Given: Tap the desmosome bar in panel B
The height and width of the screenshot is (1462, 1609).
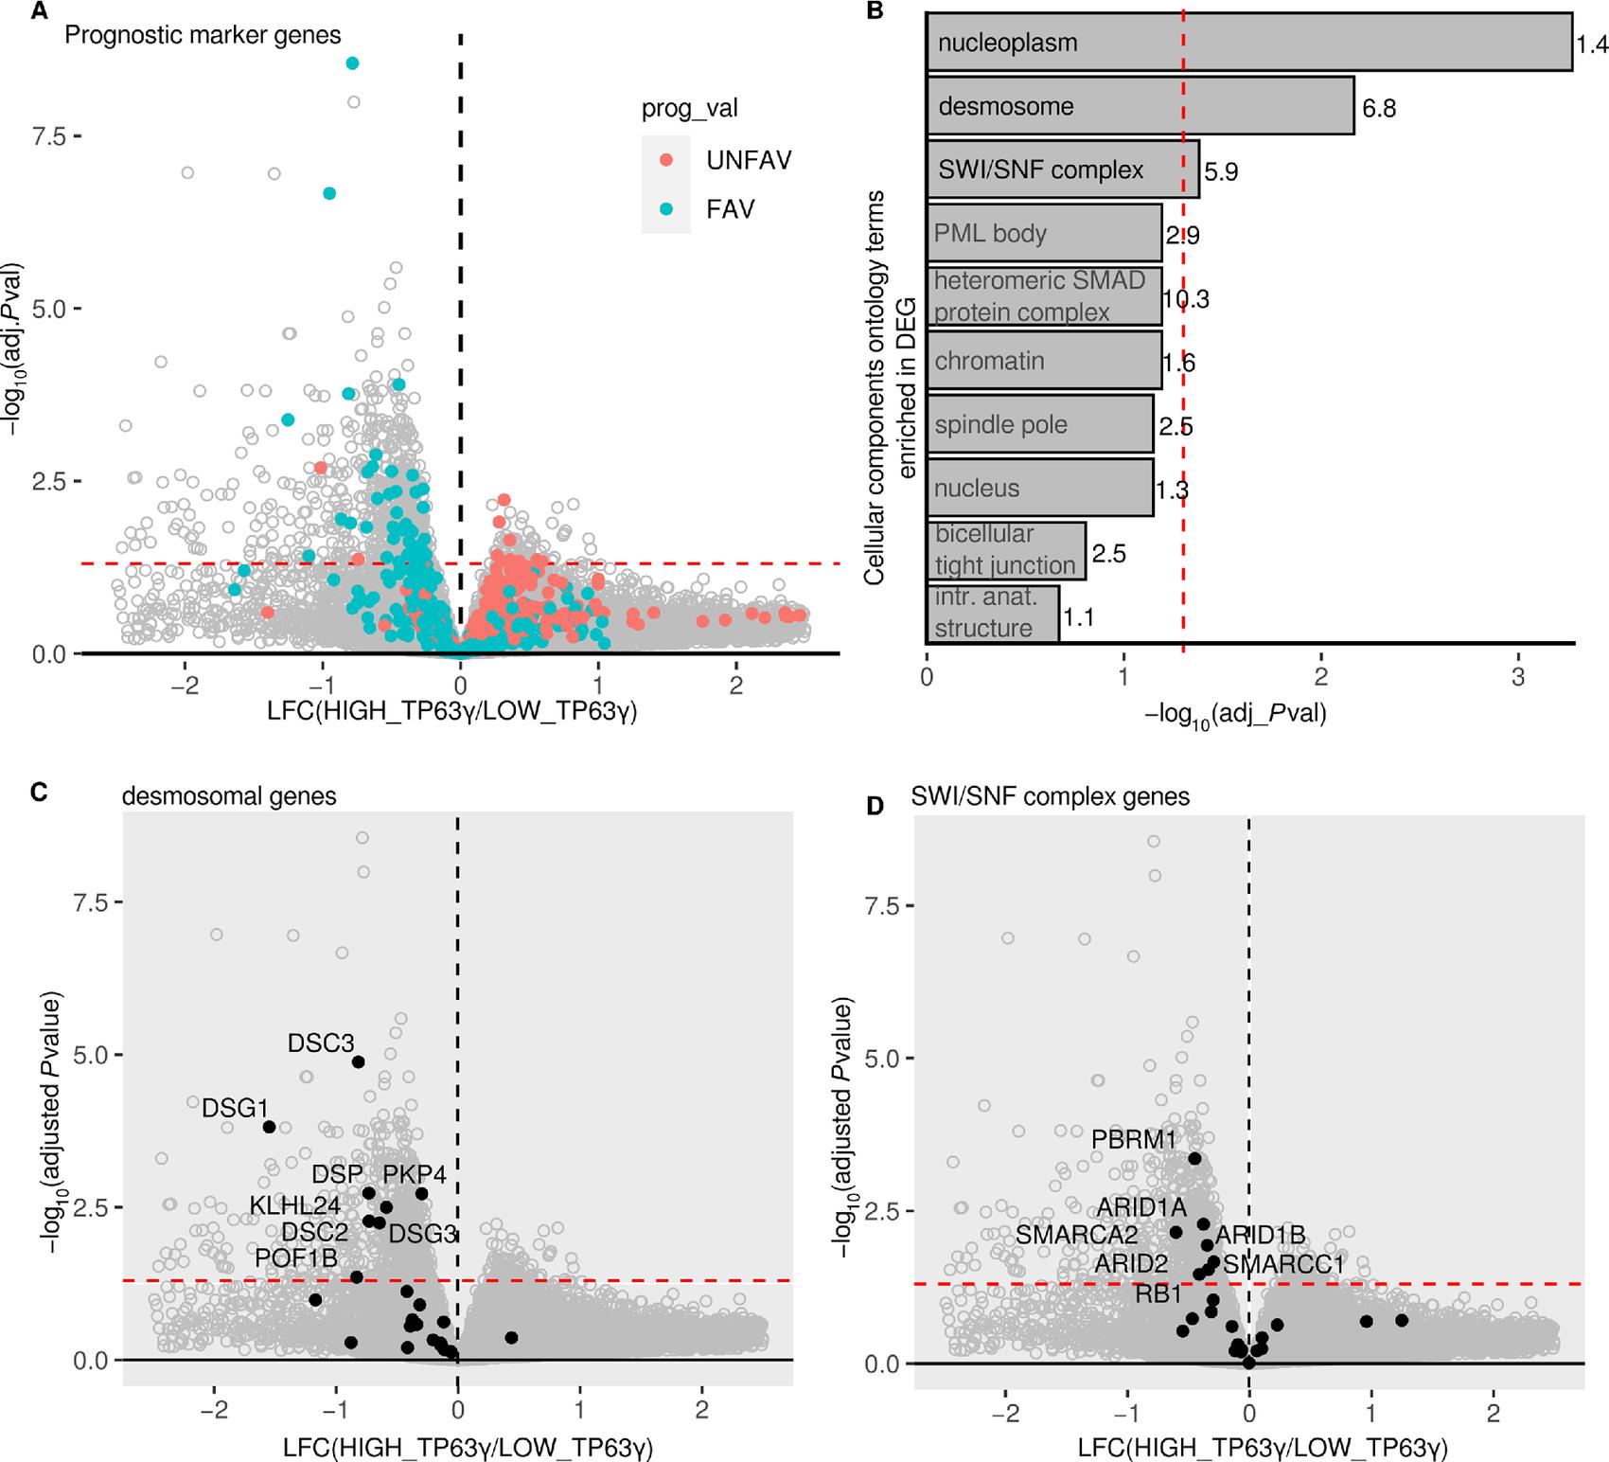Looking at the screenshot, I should click(1140, 106).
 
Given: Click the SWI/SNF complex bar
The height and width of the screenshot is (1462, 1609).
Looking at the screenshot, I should click(1062, 170).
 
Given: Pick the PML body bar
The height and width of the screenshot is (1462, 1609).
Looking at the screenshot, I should click(1043, 234).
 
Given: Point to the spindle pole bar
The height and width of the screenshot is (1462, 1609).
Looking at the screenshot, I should click(1039, 425).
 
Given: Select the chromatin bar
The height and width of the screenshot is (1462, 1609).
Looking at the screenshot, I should click(1043, 361).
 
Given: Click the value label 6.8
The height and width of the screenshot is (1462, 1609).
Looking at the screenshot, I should click(1379, 108).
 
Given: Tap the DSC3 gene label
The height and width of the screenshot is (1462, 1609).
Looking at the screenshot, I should click(321, 1043).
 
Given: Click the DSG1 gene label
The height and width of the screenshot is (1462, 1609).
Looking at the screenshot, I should click(236, 1107).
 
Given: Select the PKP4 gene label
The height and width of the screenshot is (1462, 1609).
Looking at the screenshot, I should click(415, 1175).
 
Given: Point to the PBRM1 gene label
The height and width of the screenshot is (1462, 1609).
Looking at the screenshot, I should click(1133, 1139).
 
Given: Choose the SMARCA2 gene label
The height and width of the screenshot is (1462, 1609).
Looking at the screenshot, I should click(1076, 1235).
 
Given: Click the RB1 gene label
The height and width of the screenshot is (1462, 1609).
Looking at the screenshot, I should click(1158, 1293).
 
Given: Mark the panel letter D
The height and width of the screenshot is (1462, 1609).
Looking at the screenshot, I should click(875, 806).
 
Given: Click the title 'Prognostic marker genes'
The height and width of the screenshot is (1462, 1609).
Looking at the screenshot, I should click(203, 36).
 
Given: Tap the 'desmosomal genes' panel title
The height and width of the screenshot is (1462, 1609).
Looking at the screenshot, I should click(229, 795).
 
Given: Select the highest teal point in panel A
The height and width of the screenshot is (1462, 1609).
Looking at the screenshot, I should click(353, 63).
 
